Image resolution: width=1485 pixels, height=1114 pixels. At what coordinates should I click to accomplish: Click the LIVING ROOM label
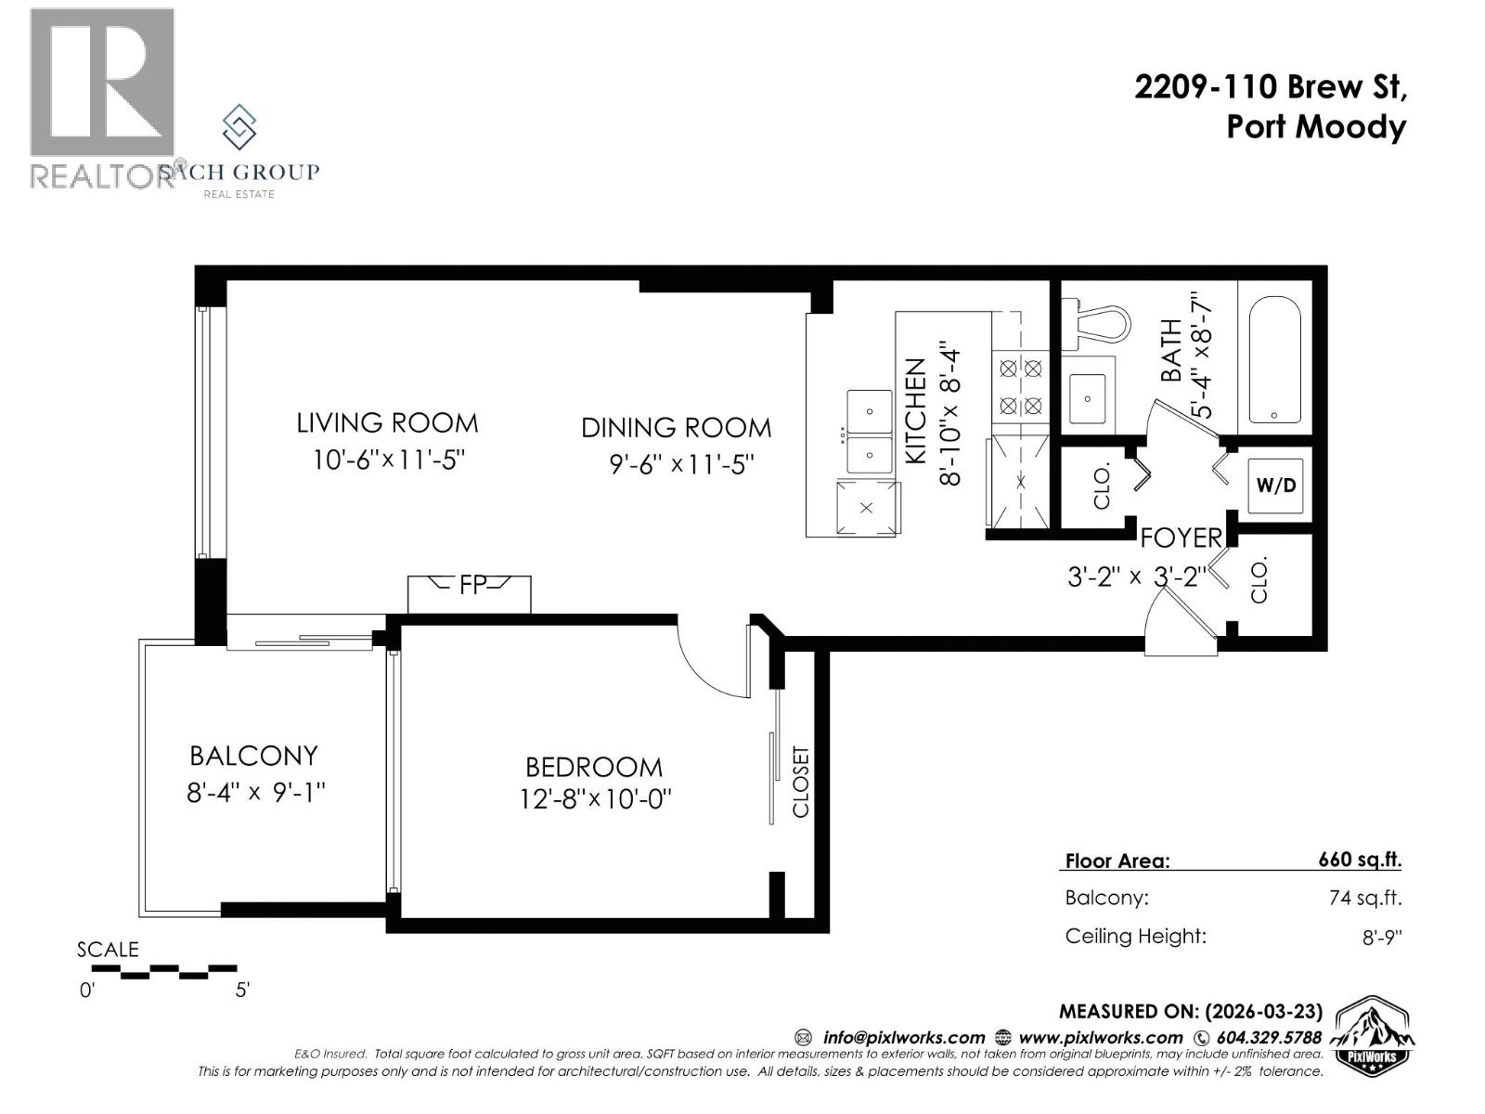387,423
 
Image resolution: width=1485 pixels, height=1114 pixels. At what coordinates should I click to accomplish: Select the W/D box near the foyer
1275,486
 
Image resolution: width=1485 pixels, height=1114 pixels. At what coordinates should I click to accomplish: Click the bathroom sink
1087,398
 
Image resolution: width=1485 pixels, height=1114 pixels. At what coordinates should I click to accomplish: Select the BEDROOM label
594,767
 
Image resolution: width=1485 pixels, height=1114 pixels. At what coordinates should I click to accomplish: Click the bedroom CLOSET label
801,782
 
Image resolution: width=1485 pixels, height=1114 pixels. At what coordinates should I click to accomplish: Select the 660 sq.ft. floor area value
1359,860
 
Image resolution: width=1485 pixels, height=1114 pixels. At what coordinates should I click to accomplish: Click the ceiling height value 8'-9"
1381,938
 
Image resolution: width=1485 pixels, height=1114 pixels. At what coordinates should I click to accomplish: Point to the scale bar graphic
164,971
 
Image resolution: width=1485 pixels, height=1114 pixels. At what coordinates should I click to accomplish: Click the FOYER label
1181,538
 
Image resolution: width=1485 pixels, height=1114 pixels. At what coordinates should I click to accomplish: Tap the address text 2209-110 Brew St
1270,87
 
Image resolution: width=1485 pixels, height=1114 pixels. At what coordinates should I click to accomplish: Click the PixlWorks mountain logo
1374,1036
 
